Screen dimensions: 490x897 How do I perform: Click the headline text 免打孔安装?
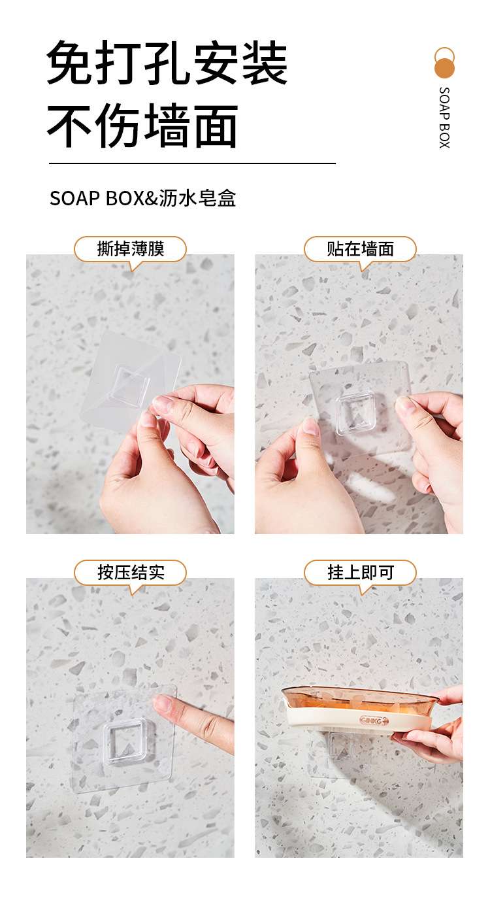(167, 63)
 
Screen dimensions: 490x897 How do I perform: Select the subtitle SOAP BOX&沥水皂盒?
(142, 198)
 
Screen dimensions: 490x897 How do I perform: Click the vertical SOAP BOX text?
(444, 118)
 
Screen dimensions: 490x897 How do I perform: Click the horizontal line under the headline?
(192, 163)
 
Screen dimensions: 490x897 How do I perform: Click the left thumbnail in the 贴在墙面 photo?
(310, 426)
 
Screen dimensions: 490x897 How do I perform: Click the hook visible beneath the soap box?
(340, 747)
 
